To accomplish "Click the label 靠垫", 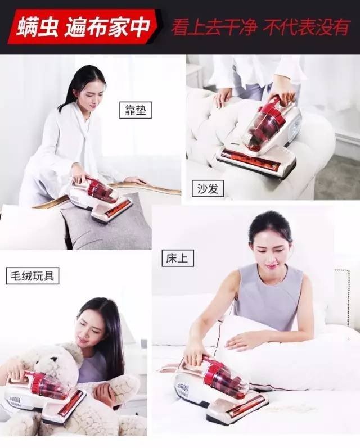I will coord(136,110).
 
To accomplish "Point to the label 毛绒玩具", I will coord(32,275).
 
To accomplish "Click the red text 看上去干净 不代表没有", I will coord(260,26).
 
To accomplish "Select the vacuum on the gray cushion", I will coord(101,200).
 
